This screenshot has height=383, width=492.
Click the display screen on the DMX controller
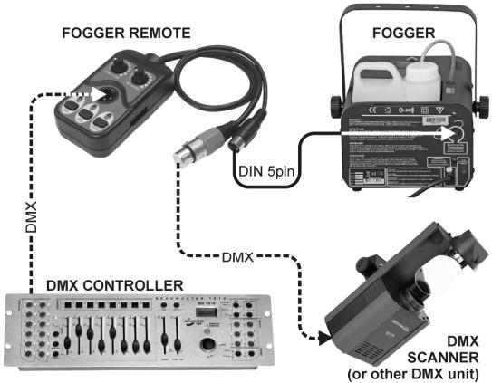coord(207,310)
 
